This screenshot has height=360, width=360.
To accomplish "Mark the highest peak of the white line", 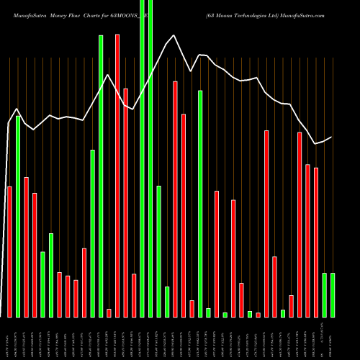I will point(174,35).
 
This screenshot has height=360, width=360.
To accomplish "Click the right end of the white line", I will point(332,137).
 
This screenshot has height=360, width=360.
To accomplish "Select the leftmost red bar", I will point(9,251).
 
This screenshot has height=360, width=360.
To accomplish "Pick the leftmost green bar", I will point(18,216).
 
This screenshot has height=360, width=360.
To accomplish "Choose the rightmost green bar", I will point(332,294).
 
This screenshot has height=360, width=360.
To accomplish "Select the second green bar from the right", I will point(324,294).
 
